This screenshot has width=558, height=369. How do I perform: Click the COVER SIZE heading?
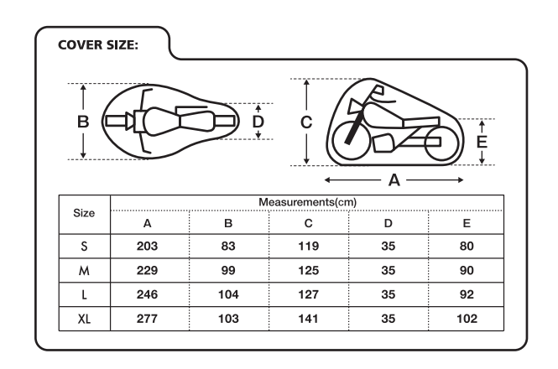(x=98, y=45)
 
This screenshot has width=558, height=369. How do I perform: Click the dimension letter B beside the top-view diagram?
(x=83, y=122)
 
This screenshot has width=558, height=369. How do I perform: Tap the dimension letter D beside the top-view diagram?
(x=258, y=122)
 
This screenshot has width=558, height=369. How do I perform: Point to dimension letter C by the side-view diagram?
(x=306, y=122)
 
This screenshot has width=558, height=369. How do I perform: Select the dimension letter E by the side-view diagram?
(x=482, y=142)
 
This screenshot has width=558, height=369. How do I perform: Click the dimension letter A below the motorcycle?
(x=394, y=180)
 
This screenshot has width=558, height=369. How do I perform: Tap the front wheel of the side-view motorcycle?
(x=351, y=141)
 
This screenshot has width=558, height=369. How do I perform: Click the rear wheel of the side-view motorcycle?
(x=441, y=143)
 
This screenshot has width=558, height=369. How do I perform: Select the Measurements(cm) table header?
(x=307, y=202)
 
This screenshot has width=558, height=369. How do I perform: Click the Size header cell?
(x=84, y=213)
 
